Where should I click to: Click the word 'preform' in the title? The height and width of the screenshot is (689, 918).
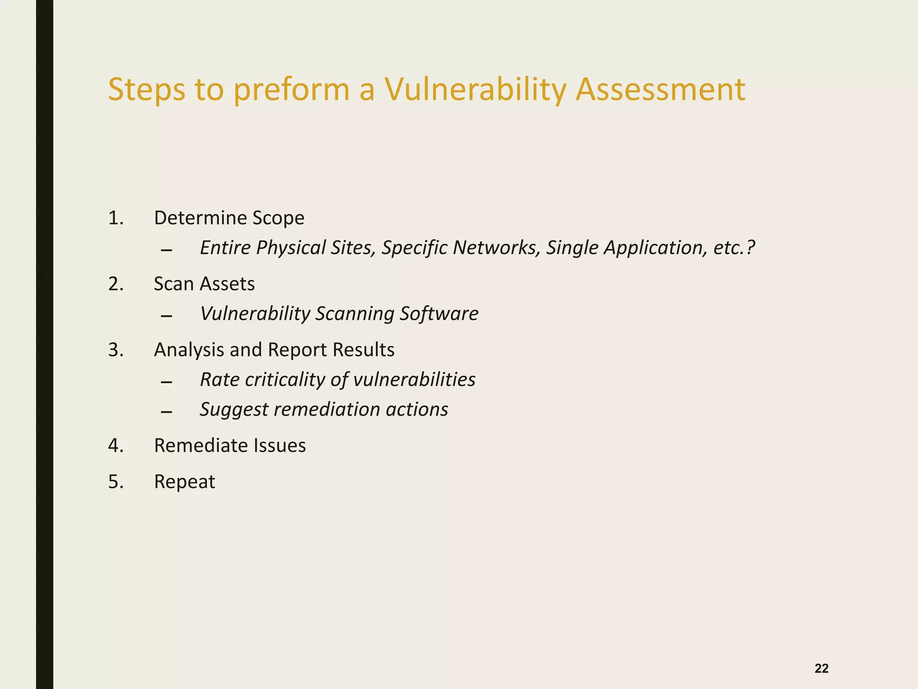[x=291, y=90]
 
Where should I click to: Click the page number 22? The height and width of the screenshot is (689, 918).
[x=821, y=668]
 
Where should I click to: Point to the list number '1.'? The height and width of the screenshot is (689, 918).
[x=116, y=218]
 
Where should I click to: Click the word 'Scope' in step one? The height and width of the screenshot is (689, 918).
[x=278, y=218]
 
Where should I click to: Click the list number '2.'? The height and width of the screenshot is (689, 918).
[x=116, y=284]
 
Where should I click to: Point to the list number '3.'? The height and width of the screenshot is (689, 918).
[x=116, y=350]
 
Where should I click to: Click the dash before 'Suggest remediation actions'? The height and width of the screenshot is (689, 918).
[x=166, y=412]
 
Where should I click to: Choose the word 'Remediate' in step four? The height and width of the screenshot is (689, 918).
[x=201, y=445]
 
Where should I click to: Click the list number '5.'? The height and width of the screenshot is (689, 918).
[x=116, y=482]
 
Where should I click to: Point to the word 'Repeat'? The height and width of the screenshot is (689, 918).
[x=184, y=482]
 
